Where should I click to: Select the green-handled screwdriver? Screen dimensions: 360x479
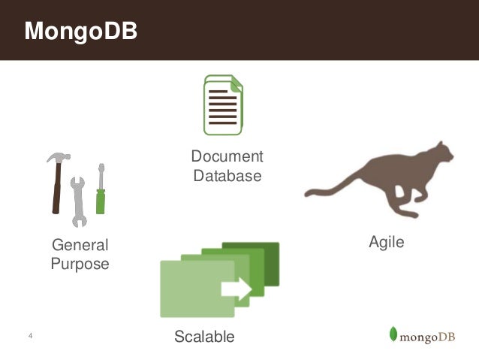101,192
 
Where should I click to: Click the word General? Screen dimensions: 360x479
79,245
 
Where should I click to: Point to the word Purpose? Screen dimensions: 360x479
79,264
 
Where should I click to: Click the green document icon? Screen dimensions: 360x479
223,105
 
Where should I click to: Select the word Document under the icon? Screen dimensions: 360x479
227,156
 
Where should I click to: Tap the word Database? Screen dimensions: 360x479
227,176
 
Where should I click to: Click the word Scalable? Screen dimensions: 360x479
204,336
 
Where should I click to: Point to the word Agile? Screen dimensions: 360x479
386,242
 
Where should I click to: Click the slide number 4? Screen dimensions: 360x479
29,335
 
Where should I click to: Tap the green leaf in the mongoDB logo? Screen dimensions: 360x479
393,334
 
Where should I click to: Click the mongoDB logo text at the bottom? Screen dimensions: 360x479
429,335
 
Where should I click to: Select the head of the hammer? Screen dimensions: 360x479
59,159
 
